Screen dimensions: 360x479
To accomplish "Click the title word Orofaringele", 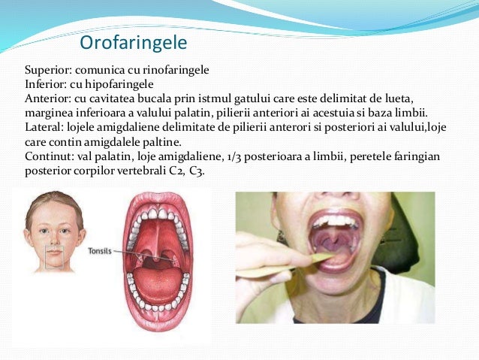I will click(133, 41).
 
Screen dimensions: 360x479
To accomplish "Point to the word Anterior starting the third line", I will click(47, 98).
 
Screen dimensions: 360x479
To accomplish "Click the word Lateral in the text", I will click(44, 126).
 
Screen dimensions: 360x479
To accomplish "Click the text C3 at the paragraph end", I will click(196, 171).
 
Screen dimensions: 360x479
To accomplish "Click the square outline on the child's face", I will click(53, 258).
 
